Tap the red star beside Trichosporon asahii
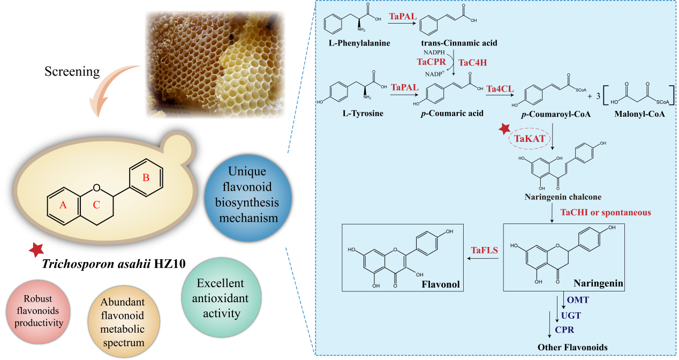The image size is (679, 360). (36, 249)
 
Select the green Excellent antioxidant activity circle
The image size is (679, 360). (220, 298)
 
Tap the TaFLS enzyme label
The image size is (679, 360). (484, 250)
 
